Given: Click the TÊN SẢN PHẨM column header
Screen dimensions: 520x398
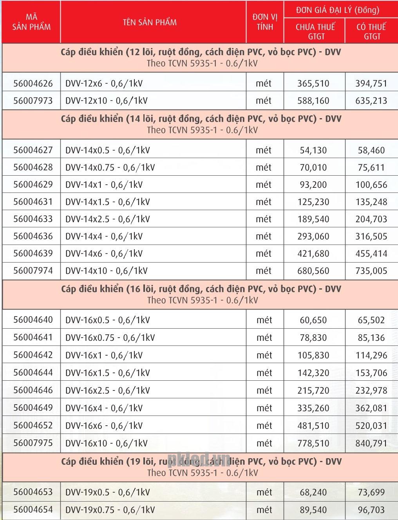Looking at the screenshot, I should (x=150, y=22).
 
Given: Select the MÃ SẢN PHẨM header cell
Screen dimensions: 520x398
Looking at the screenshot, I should (x=31, y=22).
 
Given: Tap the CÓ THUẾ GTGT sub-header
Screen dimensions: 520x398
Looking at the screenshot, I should (x=371, y=31).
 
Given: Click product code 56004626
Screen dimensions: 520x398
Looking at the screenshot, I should (x=33, y=83).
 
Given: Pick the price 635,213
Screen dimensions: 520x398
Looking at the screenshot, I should (x=371, y=101).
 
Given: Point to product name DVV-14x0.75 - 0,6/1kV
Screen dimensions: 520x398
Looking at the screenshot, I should (x=110, y=167).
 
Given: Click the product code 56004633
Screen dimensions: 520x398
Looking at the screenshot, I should (x=33, y=219).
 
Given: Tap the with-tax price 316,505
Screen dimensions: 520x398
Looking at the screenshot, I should (x=371, y=236).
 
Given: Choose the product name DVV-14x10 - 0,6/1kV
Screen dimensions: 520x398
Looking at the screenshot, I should (x=107, y=271).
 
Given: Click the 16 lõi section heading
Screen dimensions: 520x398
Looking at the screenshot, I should (x=201, y=289).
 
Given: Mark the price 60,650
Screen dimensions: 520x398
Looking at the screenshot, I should (x=313, y=320).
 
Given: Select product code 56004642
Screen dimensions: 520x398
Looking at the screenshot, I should (x=33, y=355).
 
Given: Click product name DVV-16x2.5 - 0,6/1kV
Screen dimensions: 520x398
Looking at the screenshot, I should (x=108, y=390).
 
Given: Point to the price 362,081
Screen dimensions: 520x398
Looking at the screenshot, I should (x=371, y=408).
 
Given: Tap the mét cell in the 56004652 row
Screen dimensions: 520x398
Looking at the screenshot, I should (x=264, y=425).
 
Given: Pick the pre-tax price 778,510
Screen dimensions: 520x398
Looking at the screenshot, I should (x=313, y=443).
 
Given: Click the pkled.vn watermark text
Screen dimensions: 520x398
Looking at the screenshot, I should (x=199, y=459).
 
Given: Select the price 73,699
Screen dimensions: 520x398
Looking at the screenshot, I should (x=371, y=492).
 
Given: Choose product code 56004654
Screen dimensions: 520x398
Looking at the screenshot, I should (x=33, y=509).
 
